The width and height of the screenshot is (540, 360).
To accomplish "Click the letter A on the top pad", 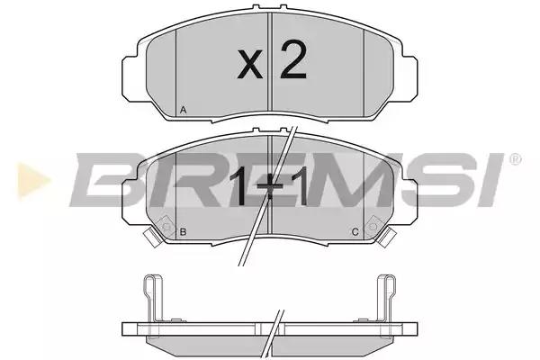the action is (x=184, y=110).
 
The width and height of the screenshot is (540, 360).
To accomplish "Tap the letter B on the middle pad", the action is (x=184, y=232).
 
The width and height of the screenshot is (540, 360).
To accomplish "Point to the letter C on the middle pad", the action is (x=355, y=232).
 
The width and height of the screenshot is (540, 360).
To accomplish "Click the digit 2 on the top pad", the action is (x=293, y=59).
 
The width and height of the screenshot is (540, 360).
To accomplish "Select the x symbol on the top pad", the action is (x=250, y=64).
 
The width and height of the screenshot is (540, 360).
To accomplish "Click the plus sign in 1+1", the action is (x=270, y=188).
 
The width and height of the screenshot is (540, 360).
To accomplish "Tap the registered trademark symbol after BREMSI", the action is (x=515, y=159).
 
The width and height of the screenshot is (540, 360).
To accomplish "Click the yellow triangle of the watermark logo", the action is (x=33, y=181).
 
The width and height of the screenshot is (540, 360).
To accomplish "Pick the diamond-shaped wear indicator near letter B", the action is (x=166, y=227).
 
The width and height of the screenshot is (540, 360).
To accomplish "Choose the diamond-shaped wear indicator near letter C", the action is (x=373, y=227).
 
